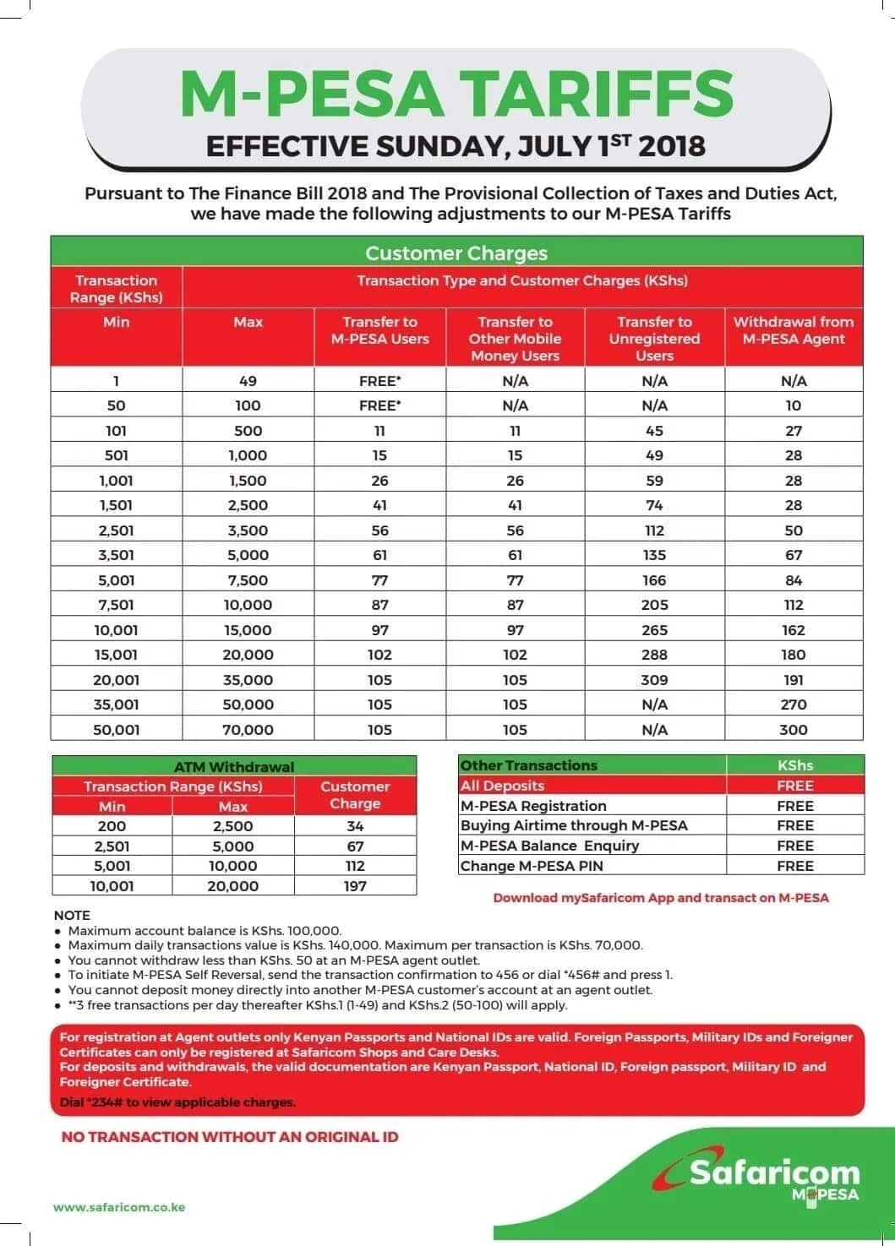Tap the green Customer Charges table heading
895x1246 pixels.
456,253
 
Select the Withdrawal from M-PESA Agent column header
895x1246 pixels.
793,330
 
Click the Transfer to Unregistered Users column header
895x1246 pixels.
654,338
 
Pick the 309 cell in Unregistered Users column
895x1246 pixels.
654,680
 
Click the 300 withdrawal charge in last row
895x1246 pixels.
793,730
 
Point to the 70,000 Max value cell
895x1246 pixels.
248,730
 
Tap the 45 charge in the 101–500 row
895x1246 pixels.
654,431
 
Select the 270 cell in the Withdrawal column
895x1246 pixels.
793,705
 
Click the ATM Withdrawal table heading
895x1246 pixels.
234,767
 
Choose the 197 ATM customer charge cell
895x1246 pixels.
355,886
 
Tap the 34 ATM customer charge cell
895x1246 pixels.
355,826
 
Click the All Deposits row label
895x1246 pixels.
502,786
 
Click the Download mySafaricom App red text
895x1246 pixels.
660,898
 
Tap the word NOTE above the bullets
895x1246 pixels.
72,915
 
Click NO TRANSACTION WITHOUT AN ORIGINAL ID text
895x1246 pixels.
230,1137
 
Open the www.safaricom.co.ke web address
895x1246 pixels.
119,1207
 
